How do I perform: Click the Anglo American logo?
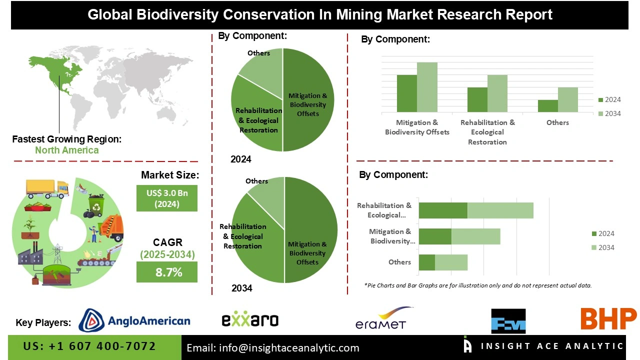tap(134, 320)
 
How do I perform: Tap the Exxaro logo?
tap(250, 320)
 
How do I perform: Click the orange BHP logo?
tap(608, 319)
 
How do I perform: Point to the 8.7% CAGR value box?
tap(167, 272)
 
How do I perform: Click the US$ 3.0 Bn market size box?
tap(167, 198)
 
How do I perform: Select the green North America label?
tap(66, 150)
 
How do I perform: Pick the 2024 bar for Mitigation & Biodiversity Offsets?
tap(406, 93)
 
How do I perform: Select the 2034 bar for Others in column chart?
tap(568, 99)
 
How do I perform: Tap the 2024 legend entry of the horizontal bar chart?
tap(602, 233)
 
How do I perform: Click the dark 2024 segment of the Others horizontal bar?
tap(426, 262)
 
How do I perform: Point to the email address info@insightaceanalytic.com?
tap(273, 348)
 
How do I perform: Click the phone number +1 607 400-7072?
tap(89, 346)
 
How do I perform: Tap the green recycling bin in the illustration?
tap(95, 205)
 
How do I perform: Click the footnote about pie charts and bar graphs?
tap(477, 285)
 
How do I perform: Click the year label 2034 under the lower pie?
tap(242, 288)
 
